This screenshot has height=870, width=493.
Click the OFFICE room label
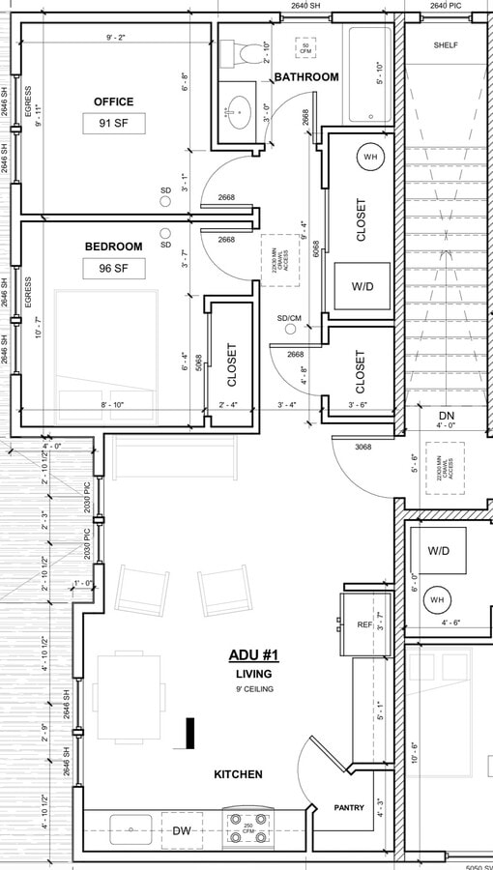click(x=113, y=101)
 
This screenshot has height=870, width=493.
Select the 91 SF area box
click(x=114, y=124)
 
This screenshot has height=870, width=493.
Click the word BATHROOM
click(x=306, y=77)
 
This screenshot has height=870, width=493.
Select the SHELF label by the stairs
click(x=446, y=45)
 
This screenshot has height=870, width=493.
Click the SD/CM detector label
click(x=289, y=318)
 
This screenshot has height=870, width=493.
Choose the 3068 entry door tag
click(x=363, y=447)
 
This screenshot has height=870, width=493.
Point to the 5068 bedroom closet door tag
click(x=199, y=363)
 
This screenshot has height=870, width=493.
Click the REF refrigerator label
click(x=364, y=625)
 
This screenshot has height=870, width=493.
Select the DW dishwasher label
click(x=182, y=830)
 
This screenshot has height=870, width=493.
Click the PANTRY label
click(x=348, y=807)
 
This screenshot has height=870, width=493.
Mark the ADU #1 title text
click(x=253, y=655)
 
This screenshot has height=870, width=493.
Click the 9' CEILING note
click(x=253, y=689)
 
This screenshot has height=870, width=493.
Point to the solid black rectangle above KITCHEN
click(x=191, y=734)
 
